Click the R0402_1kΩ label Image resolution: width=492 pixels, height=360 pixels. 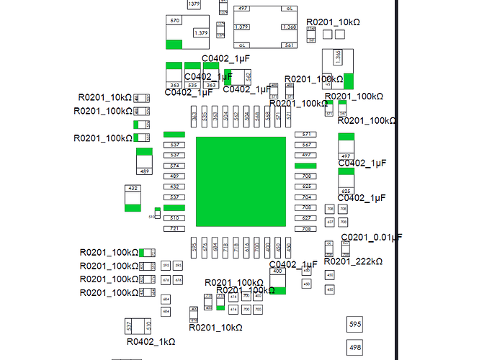coord(151,342)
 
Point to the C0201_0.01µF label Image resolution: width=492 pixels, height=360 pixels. coord(371,237)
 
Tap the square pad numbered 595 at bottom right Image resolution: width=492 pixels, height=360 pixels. coord(354,325)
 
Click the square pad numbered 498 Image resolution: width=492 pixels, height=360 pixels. coord(354,348)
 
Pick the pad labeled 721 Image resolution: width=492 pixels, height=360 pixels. coord(174,228)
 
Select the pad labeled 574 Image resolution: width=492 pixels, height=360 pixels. coord(174,166)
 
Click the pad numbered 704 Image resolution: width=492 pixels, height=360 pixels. coord(306,197)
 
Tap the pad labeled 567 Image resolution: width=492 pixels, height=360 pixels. coord(306,145)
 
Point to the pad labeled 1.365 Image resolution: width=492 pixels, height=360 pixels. coord(337,55)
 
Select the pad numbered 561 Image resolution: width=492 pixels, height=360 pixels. coord(290,45)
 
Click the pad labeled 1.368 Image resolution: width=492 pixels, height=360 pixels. coord(290,27)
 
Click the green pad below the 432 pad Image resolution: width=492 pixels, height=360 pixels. coord(133,207)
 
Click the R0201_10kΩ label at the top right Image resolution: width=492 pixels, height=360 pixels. coord(333,22)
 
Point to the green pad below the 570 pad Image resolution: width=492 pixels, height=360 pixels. coord(174,45)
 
